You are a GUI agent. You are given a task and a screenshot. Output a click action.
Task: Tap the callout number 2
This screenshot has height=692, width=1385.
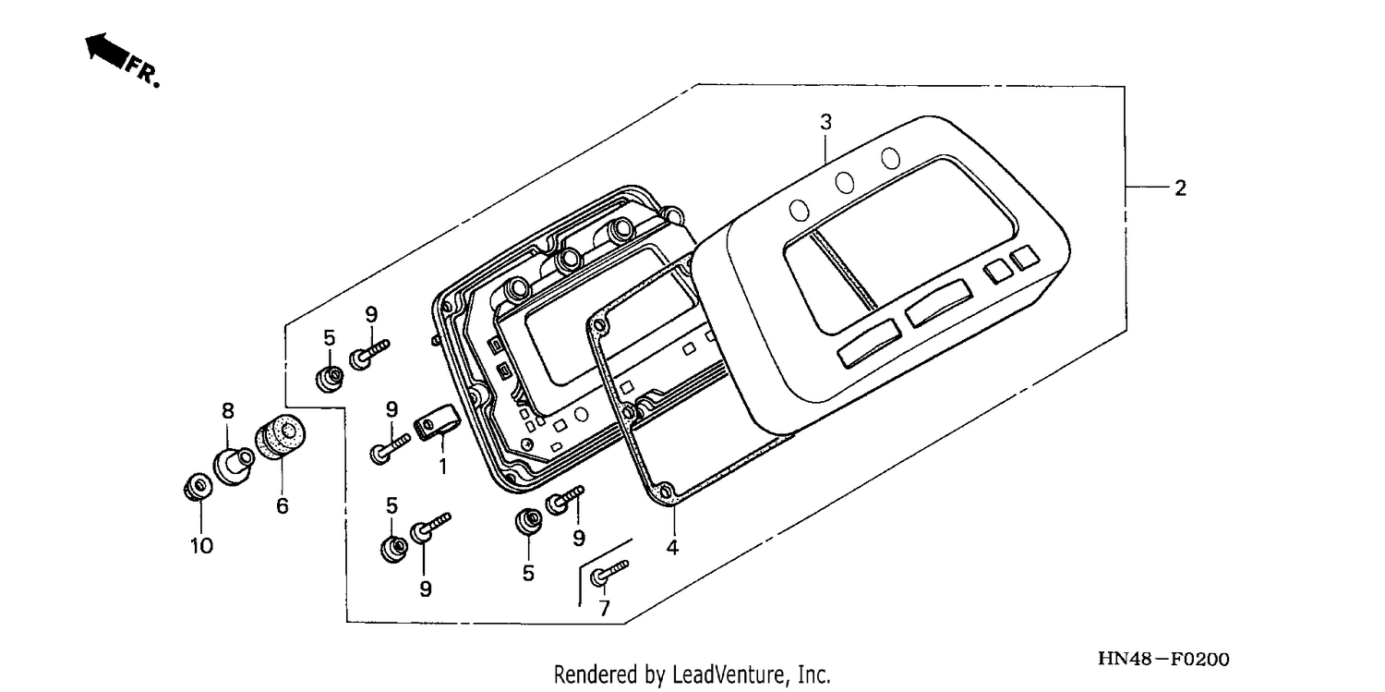(x=1180, y=188)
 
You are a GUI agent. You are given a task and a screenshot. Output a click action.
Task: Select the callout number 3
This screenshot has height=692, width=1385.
(x=826, y=122)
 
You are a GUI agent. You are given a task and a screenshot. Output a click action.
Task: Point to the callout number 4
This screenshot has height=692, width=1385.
(x=672, y=547)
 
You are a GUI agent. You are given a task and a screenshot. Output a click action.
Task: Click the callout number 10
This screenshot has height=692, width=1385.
(x=201, y=545)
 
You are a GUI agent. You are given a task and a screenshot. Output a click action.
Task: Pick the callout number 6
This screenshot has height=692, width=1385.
(x=282, y=506)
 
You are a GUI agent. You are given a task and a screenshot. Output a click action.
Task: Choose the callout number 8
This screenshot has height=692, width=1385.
(x=228, y=410)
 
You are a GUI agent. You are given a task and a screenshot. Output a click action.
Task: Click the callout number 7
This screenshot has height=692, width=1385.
(x=604, y=609)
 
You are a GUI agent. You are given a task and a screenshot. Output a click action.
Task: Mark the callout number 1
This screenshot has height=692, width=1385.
(x=442, y=466)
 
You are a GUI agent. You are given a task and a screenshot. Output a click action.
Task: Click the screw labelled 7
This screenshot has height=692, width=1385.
(x=608, y=572)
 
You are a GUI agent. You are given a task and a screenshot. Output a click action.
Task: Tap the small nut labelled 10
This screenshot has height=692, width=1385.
(x=199, y=487)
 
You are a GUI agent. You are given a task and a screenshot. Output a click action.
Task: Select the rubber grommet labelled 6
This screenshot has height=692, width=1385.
(x=280, y=437)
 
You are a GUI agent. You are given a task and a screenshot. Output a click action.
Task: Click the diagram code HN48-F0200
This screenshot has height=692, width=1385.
(x=1163, y=660)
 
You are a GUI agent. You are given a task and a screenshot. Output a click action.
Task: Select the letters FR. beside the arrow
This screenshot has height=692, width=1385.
(x=143, y=71)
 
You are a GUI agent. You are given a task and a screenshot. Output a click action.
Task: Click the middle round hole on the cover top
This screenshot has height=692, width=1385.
(x=845, y=182)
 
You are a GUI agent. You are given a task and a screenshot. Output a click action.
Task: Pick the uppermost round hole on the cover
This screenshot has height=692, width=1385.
(x=890, y=158)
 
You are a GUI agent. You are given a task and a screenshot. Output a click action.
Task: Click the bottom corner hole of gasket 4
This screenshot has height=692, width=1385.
(x=666, y=492)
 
